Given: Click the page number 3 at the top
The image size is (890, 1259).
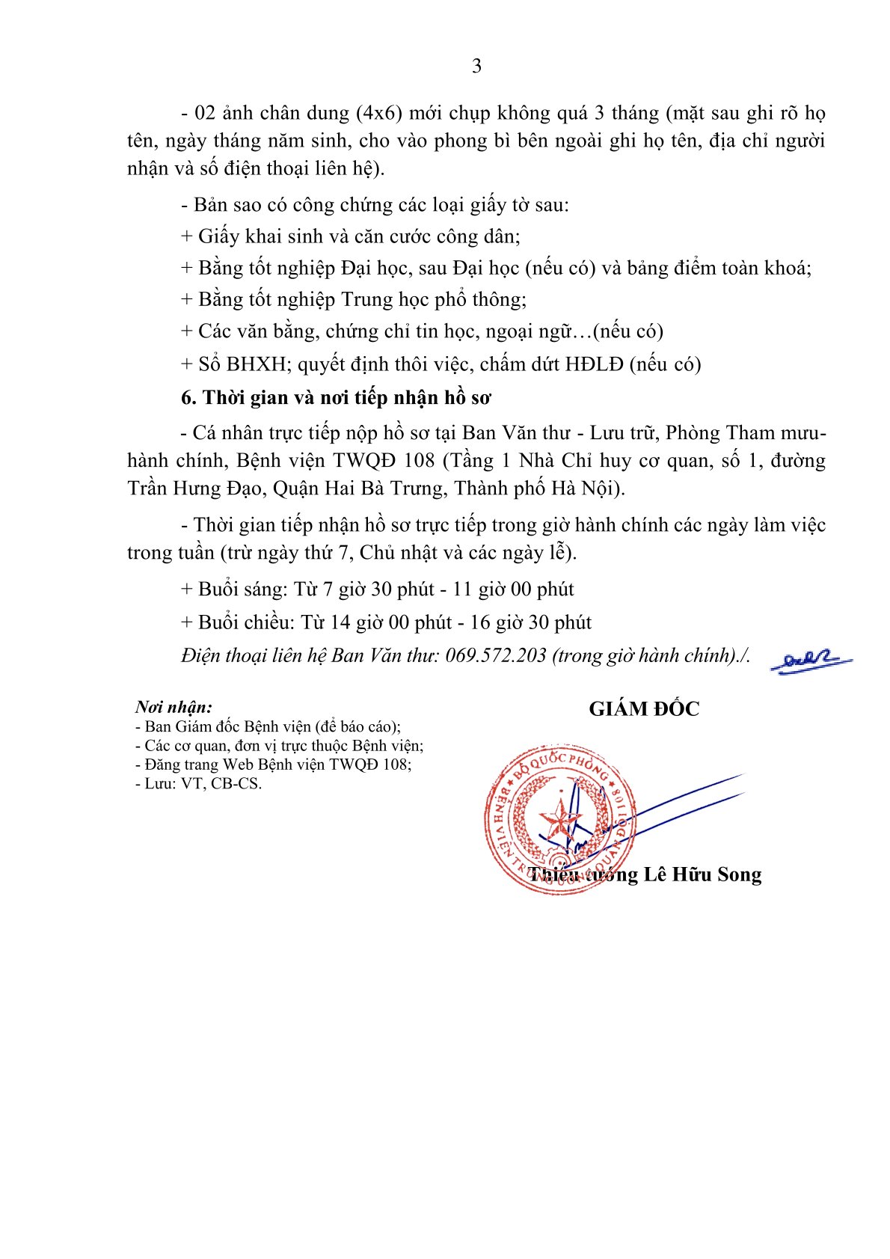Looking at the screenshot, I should point(476,67).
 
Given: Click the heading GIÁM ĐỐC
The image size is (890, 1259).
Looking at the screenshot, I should point(644,709).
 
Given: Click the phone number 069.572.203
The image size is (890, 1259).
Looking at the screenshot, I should point(496,655).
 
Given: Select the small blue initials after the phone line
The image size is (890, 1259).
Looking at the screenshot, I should point(811,661).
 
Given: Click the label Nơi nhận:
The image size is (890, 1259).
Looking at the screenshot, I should point(174,707).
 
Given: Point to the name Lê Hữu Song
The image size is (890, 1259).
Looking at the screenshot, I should point(702,874).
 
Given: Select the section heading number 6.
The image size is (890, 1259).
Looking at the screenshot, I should point(188,398).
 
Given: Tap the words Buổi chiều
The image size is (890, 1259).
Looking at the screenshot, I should point(246,622).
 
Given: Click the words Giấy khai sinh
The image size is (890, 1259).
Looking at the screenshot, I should point(251,236).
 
